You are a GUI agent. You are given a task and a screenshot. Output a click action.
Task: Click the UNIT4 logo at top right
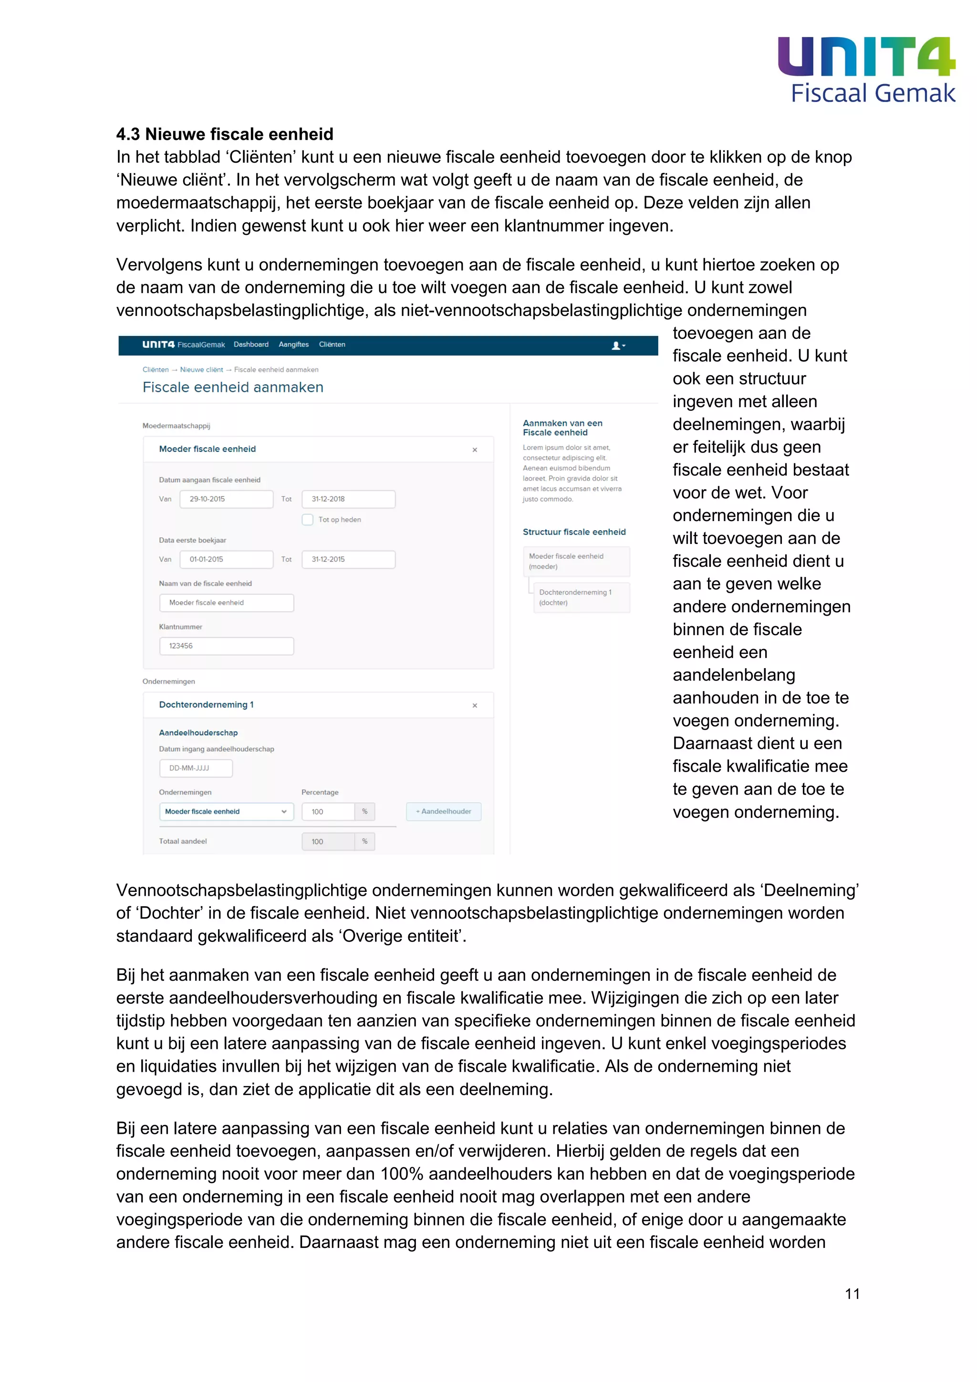tap(866, 57)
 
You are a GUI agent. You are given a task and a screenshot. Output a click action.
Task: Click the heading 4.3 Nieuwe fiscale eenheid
tap(224, 134)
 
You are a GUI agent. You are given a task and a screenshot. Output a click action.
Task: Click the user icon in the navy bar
tap(617, 345)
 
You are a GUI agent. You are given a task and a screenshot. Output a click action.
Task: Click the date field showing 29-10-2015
tap(226, 499)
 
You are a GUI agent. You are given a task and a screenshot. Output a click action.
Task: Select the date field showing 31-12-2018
tap(348, 499)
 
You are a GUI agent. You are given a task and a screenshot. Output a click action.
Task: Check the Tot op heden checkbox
tap(307, 520)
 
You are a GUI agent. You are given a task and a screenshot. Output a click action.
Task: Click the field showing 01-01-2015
tap(226, 559)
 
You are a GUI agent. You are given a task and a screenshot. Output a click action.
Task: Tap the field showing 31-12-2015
tap(348, 559)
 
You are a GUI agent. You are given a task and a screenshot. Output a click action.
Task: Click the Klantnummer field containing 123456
tap(226, 646)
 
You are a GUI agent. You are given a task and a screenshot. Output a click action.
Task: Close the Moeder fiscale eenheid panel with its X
tap(475, 450)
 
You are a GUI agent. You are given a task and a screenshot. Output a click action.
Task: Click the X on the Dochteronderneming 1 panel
tap(475, 705)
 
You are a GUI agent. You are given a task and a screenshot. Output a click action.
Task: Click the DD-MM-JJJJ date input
tap(196, 768)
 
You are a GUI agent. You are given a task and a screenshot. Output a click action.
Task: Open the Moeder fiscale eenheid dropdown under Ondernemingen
tap(226, 811)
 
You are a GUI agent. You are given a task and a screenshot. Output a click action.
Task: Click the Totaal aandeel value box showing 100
tap(329, 841)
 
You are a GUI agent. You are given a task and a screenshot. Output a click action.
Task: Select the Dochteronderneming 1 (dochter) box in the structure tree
tap(581, 597)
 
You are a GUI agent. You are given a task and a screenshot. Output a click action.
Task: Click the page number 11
tap(852, 1294)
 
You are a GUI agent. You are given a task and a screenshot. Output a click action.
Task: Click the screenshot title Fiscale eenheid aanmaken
tap(233, 387)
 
